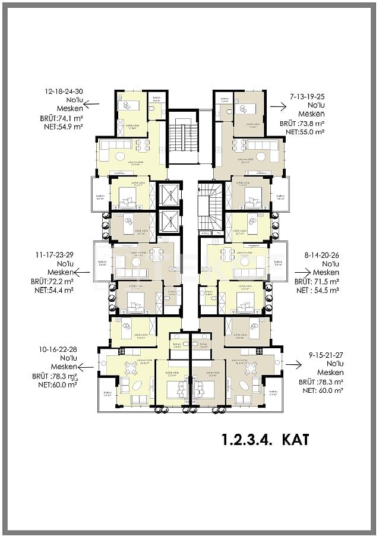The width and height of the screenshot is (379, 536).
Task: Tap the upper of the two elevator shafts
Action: point(168,195)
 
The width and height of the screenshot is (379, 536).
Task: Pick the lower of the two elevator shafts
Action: point(168,222)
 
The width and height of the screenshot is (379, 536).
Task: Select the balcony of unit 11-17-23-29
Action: point(102,261)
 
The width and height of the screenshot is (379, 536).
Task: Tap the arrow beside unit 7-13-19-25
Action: point(277,105)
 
